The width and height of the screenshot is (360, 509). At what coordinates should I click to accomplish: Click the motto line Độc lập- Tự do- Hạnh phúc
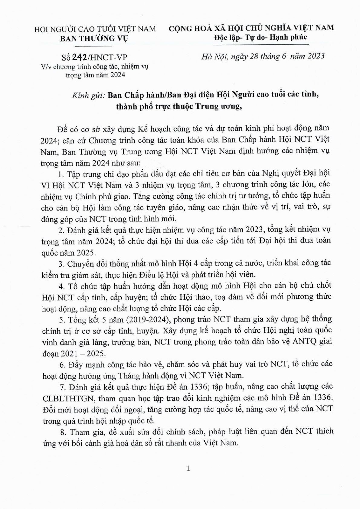(x=260, y=37)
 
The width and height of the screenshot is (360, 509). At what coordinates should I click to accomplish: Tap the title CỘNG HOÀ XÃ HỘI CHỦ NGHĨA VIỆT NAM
(x=251, y=28)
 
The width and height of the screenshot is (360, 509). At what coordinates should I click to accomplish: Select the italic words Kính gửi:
(x=88, y=95)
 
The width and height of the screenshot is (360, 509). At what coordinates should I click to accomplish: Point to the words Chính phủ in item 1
(x=93, y=196)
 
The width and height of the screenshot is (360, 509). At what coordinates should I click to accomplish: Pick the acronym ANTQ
(x=300, y=342)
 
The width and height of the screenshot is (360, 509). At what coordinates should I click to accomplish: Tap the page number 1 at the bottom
(x=188, y=469)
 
